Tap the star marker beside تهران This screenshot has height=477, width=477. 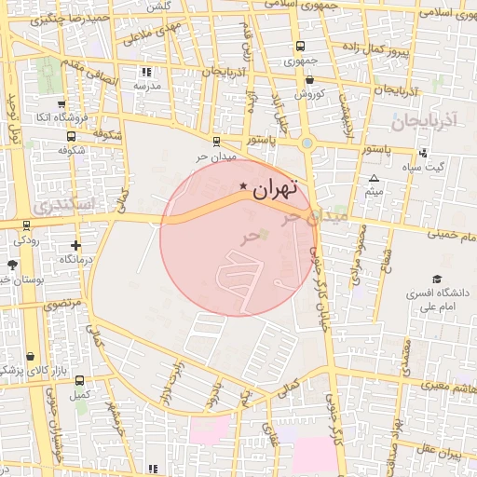[x=244, y=186]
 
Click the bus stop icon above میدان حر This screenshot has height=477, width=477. [x=217, y=143]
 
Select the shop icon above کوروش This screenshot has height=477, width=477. [x=309, y=81]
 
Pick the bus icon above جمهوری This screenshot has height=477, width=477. [x=300, y=47]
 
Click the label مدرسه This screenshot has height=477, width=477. [x=145, y=85]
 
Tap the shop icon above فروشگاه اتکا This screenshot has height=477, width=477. [x=61, y=104]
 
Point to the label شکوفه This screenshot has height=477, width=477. [x=72, y=149]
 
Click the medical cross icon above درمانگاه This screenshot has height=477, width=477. [x=75, y=246]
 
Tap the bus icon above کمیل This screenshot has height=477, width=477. [x=79, y=381]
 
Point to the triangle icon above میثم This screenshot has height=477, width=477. [x=375, y=178]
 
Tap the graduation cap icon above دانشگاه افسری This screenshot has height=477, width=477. [x=436, y=279]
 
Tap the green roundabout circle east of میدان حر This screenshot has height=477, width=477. [x=307, y=143]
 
